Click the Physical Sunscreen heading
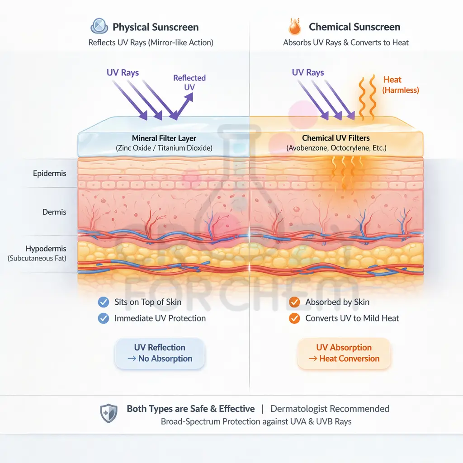click(x=156, y=27)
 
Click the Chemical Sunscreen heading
click(x=354, y=27)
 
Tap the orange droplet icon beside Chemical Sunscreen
click(x=294, y=27)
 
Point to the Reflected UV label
click(x=189, y=83)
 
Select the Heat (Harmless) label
click(x=400, y=85)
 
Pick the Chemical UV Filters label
click(x=336, y=138)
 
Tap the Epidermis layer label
click(x=50, y=173)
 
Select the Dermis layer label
click(x=54, y=212)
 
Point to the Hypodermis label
click(x=46, y=249)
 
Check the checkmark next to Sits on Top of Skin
click(x=104, y=302)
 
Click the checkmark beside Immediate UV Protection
click(x=104, y=318)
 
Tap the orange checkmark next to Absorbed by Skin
click(x=294, y=302)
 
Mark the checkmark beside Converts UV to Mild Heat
click(x=294, y=318)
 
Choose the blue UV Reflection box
click(x=160, y=353)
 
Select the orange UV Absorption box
click(x=344, y=353)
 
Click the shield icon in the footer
click(x=109, y=413)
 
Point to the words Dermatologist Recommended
click(x=330, y=409)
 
